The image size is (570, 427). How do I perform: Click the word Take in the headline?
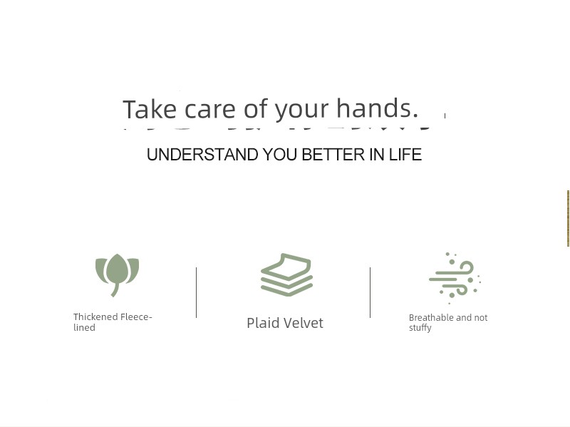[x=150, y=109]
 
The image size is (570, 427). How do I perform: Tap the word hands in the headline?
[x=377, y=108]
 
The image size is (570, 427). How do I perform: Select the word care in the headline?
[x=209, y=110]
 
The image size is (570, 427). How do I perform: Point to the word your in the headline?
[x=301, y=111]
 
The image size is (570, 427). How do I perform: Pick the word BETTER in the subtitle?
[x=333, y=155]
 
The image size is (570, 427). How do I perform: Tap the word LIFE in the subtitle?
[x=405, y=155]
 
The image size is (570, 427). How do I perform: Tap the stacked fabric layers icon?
[x=287, y=274]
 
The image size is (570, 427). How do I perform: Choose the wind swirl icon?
[x=455, y=278]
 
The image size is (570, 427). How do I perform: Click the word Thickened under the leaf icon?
[x=95, y=317]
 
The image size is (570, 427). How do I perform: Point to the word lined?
[x=84, y=327]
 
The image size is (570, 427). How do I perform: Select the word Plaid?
[x=263, y=323]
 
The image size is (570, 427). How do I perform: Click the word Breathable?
[x=431, y=317]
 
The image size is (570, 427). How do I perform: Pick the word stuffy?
[x=420, y=328]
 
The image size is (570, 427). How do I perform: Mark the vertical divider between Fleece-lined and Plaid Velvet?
[x=197, y=292]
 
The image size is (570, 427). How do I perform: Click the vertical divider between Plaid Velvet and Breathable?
[x=370, y=292]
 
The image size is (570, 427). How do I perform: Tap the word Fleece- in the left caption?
[x=136, y=317]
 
